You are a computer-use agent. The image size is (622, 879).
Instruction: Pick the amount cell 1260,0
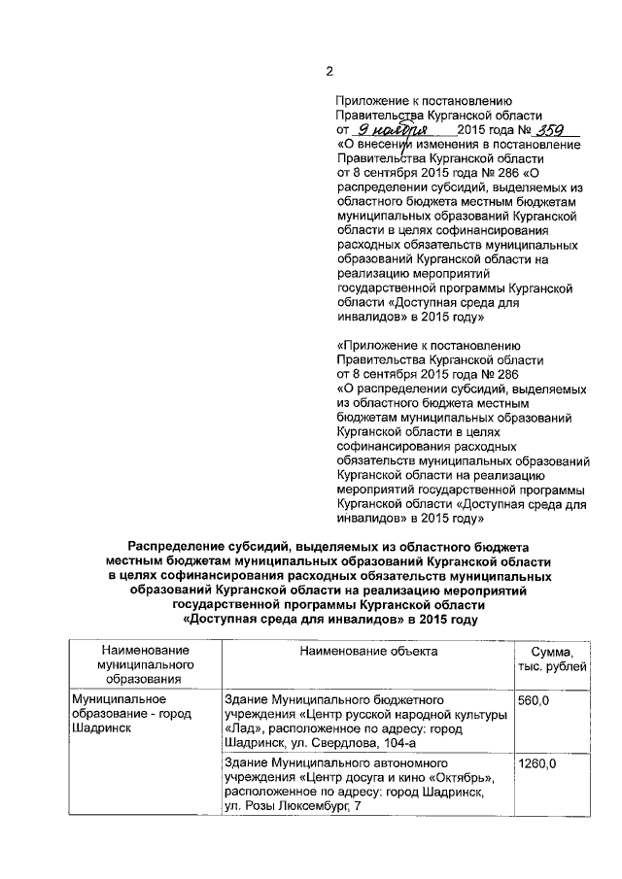pyautogui.click(x=537, y=764)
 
